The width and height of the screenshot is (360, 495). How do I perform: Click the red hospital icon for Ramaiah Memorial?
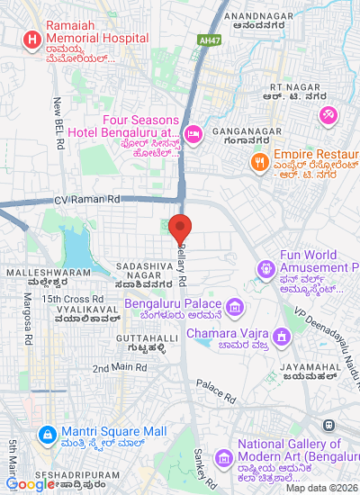pyautogui.click(x=31, y=40)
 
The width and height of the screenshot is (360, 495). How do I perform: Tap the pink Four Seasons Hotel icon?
pyautogui.click(x=193, y=134)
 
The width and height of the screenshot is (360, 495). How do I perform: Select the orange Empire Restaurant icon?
pyautogui.click(x=259, y=163)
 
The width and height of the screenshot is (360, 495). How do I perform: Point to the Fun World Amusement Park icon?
pyautogui.click(x=265, y=268)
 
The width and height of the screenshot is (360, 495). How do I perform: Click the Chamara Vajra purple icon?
pyautogui.click(x=282, y=337)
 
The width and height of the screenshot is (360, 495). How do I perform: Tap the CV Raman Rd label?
pyautogui.click(x=86, y=198)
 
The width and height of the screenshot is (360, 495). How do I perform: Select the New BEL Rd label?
pyautogui.click(x=58, y=123)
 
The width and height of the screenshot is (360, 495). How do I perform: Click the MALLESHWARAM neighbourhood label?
pyautogui.click(x=37, y=271)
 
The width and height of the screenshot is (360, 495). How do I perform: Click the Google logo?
pyautogui.click(x=28, y=484)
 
